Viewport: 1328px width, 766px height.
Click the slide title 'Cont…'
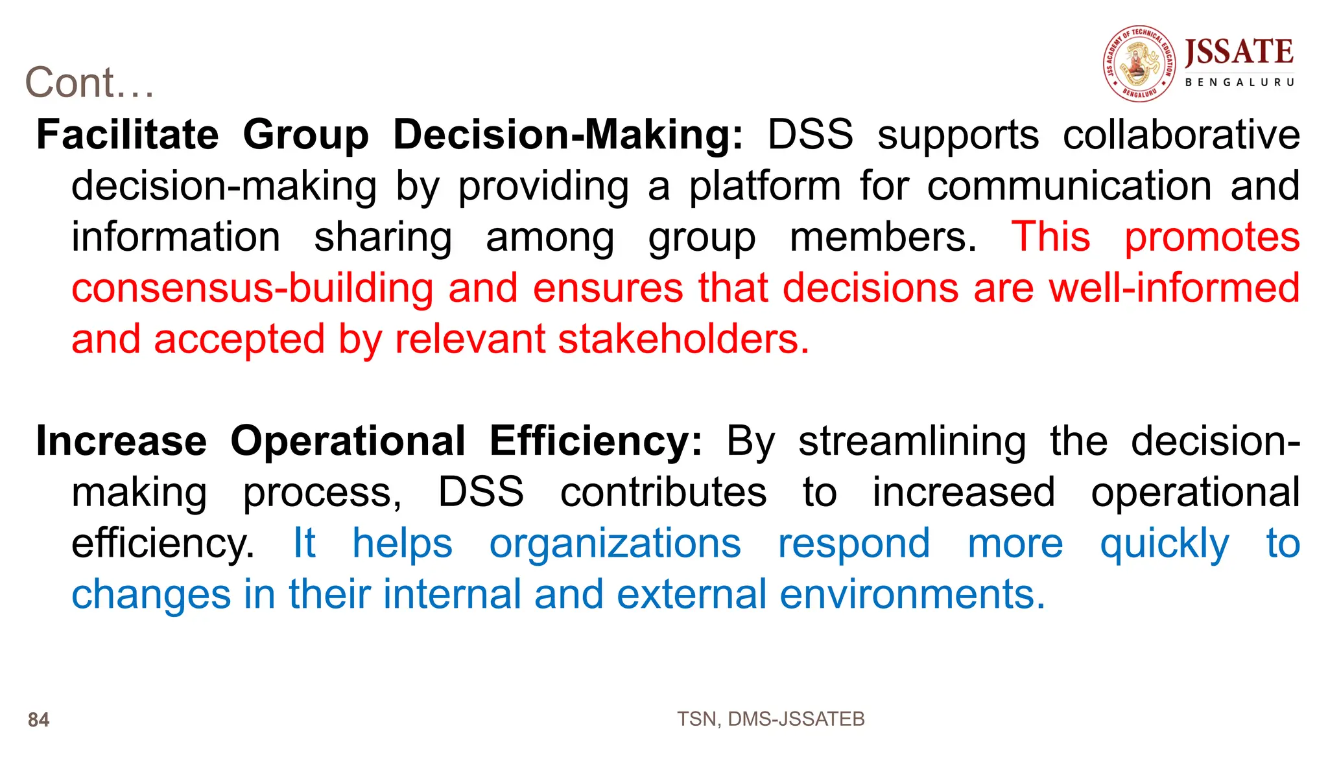click(x=89, y=83)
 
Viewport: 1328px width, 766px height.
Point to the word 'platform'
click(x=765, y=186)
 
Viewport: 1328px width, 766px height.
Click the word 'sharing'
click(x=383, y=237)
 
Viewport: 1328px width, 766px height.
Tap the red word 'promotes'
click(x=1212, y=237)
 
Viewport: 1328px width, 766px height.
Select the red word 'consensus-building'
click(x=252, y=288)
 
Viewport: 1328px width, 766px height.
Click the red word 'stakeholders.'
click(x=683, y=339)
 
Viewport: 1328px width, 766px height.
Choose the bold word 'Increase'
click(x=122, y=441)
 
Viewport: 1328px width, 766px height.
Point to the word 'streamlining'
click(x=912, y=441)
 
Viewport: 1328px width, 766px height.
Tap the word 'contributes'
click(x=663, y=493)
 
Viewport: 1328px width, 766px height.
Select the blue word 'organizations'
click(x=615, y=543)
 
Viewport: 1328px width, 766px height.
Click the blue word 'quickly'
click(x=1164, y=544)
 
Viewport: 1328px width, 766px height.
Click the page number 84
click(x=39, y=720)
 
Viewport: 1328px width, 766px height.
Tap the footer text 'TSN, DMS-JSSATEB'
click(x=770, y=719)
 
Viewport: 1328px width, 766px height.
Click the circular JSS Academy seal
click(x=1139, y=64)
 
